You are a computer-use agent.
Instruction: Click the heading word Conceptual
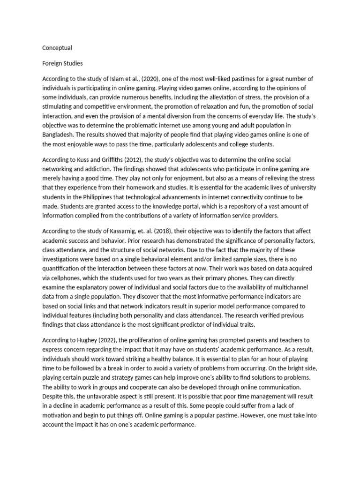coord(57,48)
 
